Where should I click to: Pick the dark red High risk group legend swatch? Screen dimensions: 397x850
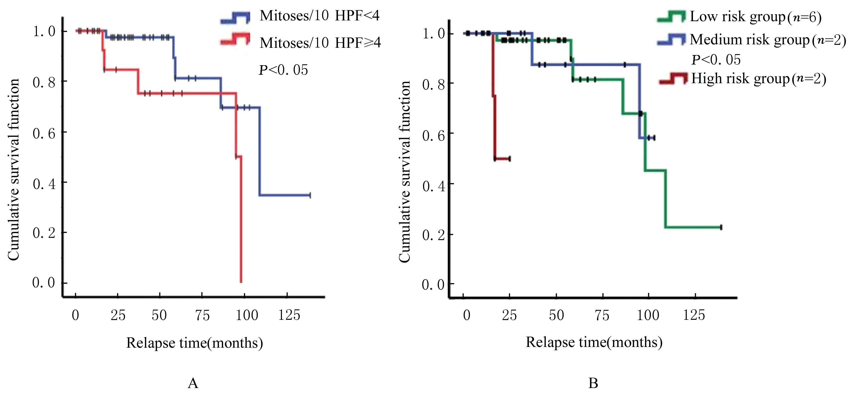673,79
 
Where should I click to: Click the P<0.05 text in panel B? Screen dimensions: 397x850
716,60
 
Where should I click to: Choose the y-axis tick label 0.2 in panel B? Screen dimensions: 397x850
433,235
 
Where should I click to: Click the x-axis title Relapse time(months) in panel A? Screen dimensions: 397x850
194,343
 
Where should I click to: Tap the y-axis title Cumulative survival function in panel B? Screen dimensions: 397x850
405,171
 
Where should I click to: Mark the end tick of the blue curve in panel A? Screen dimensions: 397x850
310,195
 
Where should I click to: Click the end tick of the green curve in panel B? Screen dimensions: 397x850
721,227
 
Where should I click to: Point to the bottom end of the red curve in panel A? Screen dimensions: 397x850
241,282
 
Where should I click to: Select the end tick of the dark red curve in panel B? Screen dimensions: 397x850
510,159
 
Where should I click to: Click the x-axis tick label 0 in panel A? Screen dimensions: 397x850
76,316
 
